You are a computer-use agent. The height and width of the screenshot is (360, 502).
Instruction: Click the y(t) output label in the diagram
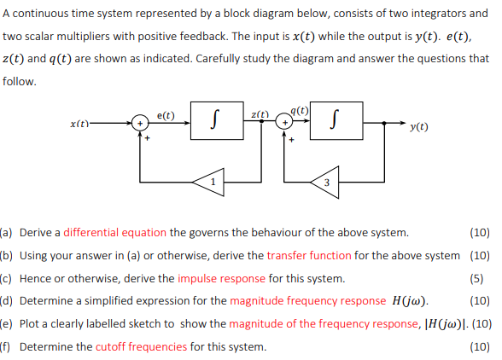[x=419, y=126]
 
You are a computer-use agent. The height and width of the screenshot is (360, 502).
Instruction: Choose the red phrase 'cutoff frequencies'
[x=141, y=346]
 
